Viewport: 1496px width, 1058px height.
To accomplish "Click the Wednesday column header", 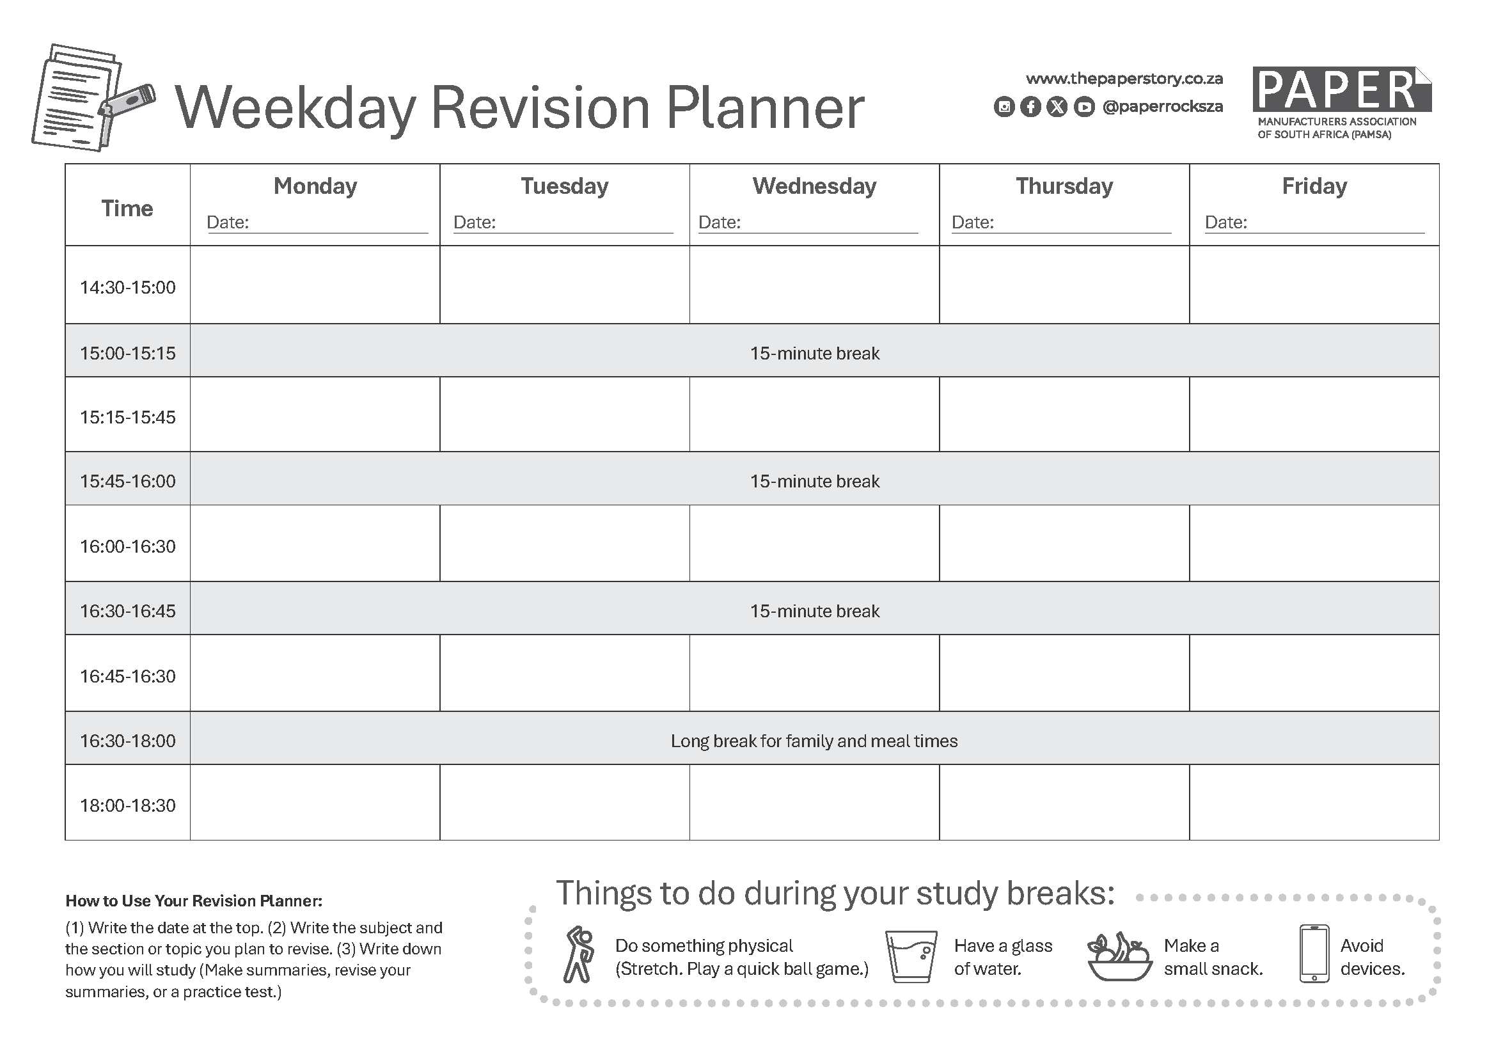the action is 814,186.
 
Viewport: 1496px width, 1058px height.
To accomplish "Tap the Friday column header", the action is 1314,186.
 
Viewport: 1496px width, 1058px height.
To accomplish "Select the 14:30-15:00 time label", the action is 128,287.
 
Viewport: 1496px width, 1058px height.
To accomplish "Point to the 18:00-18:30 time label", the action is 128,805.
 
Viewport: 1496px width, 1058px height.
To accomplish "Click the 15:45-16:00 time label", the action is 128,481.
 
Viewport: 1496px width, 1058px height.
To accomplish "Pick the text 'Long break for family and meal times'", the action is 814,741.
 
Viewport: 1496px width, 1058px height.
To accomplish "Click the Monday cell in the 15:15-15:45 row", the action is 315,415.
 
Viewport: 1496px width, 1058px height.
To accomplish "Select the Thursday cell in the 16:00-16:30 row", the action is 1065,543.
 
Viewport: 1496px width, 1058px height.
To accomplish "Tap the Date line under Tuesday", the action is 585,233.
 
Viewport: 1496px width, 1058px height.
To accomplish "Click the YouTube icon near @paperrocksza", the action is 1083,107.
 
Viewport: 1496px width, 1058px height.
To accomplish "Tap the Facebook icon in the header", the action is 1030,107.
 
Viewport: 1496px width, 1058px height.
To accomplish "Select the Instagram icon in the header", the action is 1004,107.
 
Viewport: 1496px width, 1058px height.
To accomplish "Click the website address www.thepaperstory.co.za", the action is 1124,79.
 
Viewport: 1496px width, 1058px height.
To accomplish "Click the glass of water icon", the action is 911,956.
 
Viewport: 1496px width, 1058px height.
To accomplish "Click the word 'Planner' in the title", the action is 765,107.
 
